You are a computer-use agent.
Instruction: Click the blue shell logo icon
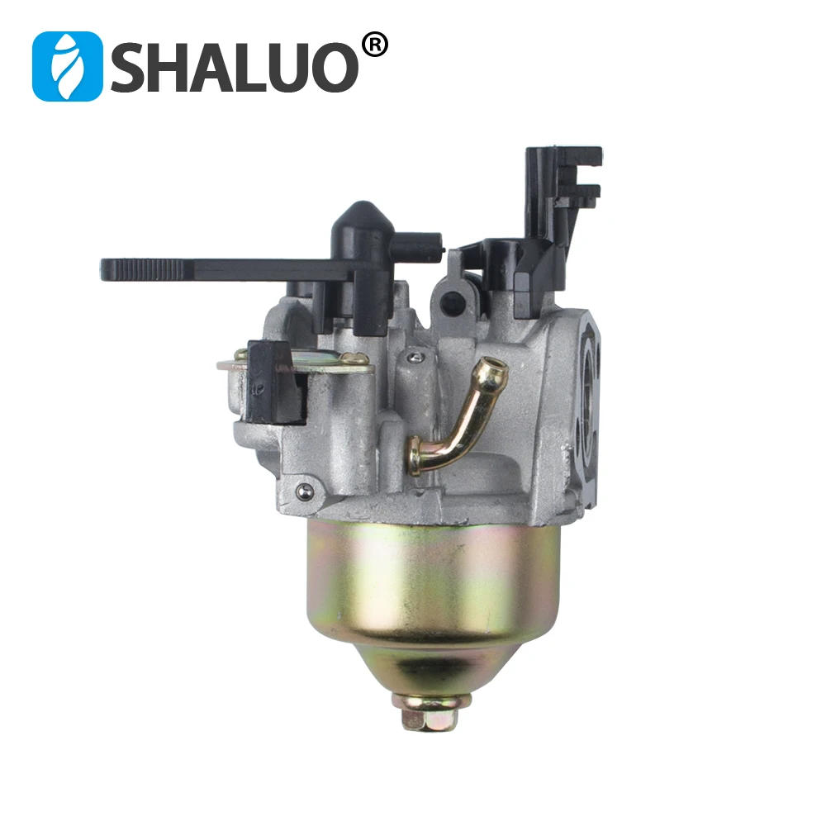point(68,66)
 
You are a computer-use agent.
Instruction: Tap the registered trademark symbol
point(375,45)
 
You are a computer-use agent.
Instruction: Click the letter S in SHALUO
point(133,67)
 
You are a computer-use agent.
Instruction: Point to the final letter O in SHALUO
point(331,67)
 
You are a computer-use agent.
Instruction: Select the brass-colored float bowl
point(432,605)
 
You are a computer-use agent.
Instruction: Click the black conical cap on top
point(362,225)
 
